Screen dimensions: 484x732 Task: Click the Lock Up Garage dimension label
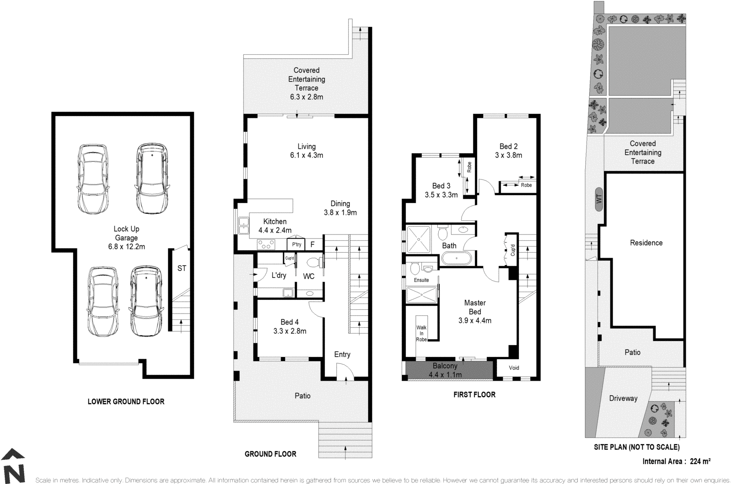coord(126,247)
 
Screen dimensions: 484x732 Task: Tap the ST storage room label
coord(182,268)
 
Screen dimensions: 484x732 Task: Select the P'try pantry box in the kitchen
coord(296,245)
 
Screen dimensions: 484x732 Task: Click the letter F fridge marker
coord(312,245)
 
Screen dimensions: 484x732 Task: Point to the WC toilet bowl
coord(313,263)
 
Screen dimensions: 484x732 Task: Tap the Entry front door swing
coord(343,370)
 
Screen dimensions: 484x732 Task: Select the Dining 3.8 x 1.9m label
coord(340,213)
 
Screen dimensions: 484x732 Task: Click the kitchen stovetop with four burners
coord(266,245)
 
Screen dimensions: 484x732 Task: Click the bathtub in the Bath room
coord(456,259)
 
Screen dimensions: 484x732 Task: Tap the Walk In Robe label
coord(421,333)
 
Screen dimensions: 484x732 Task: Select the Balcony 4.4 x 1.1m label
coord(445,371)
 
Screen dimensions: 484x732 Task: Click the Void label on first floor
coord(514,367)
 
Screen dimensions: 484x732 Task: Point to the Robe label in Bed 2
coord(526,185)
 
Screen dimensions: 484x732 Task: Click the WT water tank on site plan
coord(599,200)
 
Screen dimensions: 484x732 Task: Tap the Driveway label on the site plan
coord(623,398)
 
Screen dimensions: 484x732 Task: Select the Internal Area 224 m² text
coord(676,461)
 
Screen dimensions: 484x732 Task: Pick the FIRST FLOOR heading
coord(474,394)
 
